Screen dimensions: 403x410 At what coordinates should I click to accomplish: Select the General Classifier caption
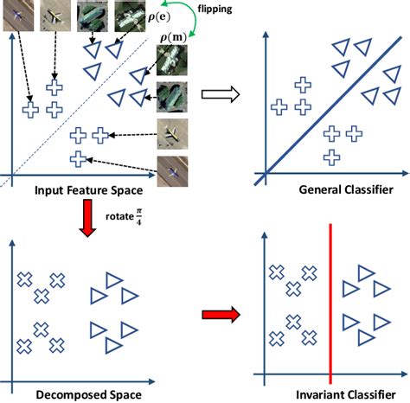[334, 189]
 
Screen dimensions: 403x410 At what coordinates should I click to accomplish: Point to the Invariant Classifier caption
[331, 394]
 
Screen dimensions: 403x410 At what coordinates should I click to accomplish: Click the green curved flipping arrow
[201, 27]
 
